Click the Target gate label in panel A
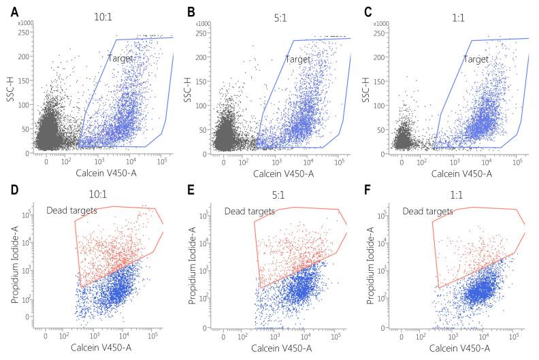pos(120,59)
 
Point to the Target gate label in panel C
pos(477,59)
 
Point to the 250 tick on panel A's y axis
pos(23,31)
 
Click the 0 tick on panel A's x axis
pos(46,161)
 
